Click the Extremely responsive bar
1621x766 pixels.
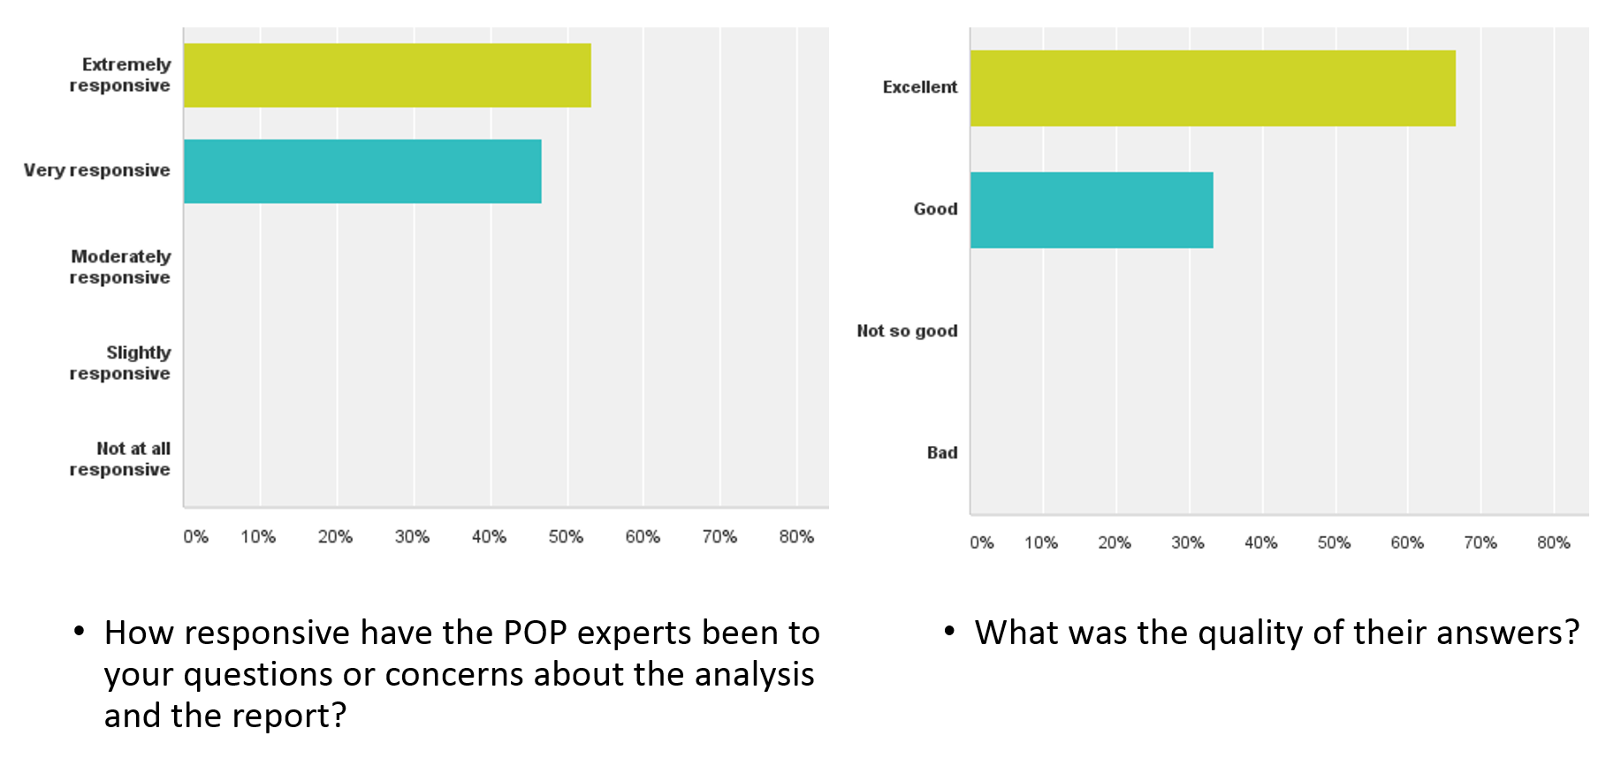pos(387,75)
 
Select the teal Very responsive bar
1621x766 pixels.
pos(362,171)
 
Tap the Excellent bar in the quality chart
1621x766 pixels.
pos(1213,88)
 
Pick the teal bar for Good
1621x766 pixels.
pos(1092,210)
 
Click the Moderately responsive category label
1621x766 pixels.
pos(120,267)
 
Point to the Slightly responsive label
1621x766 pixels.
pos(120,363)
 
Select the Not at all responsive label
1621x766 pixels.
pos(120,459)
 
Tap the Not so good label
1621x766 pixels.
pos(907,330)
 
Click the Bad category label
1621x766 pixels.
pos(942,452)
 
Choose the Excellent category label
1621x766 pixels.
pos(919,87)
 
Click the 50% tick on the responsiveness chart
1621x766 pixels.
pos(566,536)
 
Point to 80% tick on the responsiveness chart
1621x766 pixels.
pos(796,536)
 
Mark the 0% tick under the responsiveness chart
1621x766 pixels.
pos(195,536)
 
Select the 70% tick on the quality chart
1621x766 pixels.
pos(1480,542)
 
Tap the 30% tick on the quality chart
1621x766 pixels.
pos(1188,542)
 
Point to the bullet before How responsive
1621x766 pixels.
pos(80,631)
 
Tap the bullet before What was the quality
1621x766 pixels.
pos(950,631)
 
